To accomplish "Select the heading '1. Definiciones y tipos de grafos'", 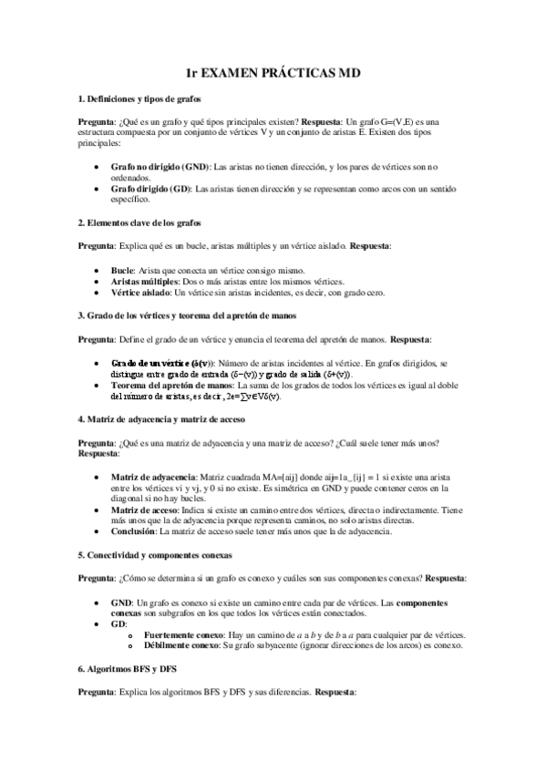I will [x=139, y=98].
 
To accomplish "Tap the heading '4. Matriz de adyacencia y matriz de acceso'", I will [x=160, y=419].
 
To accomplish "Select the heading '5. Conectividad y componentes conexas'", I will [x=155, y=554].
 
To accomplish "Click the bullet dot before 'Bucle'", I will [x=98, y=272].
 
